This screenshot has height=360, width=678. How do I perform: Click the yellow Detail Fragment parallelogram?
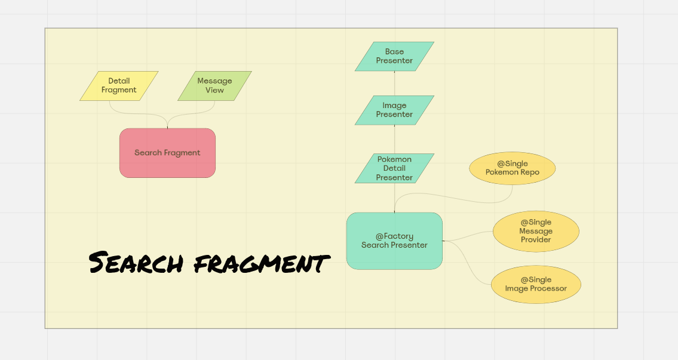click(x=119, y=86)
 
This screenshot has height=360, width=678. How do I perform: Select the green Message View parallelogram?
click(x=214, y=86)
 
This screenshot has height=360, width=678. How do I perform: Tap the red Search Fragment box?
click(x=167, y=153)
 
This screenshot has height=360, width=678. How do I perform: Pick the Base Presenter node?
click(x=394, y=56)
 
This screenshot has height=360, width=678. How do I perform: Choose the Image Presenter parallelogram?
click(x=394, y=110)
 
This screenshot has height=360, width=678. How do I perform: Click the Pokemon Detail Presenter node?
click(x=394, y=168)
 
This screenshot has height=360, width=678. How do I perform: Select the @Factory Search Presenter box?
click(x=394, y=241)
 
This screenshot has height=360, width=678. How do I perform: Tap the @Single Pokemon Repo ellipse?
click(x=513, y=168)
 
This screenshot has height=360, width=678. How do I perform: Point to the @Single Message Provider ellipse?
click(x=536, y=231)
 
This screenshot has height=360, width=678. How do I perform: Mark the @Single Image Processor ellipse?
click(x=536, y=284)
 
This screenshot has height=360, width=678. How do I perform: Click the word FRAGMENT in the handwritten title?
click(x=262, y=263)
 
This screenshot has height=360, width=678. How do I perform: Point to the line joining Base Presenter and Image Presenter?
click(x=394, y=84)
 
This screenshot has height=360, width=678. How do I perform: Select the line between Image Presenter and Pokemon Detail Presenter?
click(x=394, y=139)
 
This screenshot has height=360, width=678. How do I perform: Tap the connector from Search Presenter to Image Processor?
click(x=472, y=263)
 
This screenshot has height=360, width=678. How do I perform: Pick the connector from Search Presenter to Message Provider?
click(x=472, y=235)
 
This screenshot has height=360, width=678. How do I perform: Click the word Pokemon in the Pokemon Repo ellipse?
click(x=499, y=173)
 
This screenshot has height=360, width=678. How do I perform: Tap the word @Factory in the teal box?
click(x=394, y=236)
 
